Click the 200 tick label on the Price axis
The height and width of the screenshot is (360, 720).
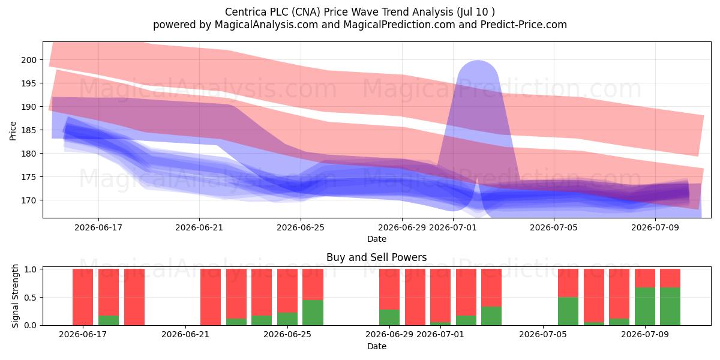click(x=29, y=60)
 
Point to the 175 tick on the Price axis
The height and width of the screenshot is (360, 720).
click(x=29, y=177)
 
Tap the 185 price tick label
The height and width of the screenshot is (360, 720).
click(x=29, y=130)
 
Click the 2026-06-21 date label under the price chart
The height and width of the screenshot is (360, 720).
click(x=199, y=227)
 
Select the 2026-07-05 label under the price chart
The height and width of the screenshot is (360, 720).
click(x=553, y=227)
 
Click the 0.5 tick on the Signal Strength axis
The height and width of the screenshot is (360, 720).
click(x=30, y=298)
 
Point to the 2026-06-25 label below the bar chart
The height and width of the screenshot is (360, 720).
click(x=287, y=334)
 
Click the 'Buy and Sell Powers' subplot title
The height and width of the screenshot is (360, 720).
click(x=376, y=257)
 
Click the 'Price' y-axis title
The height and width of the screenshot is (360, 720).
click(x=13, y=131)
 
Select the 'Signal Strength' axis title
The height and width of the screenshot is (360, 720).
click(x=15, y=296)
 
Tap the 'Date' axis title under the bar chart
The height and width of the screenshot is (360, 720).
click(x=377, y=346)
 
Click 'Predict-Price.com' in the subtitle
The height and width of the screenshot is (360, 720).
click(x=524, y=25)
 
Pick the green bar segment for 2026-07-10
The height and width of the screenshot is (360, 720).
click(x=670, y=307)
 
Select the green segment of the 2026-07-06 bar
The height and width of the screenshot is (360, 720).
click(x=568, y=311)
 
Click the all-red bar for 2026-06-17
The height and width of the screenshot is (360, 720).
click(x=83, y=297)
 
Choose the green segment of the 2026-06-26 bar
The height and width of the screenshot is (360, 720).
click(x=313, y=313)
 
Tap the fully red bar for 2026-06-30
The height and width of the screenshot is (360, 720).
click(x=415, y=297)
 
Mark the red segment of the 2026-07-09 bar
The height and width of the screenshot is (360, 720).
click(x=645, y=278)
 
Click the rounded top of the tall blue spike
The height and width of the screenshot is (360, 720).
click(x=478, y=61)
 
